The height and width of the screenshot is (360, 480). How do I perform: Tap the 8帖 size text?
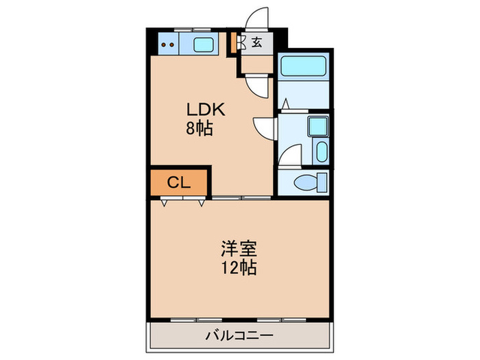200,127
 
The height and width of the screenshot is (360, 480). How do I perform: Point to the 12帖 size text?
239,268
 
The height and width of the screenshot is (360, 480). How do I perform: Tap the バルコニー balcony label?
240,336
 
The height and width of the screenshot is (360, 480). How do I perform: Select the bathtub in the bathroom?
305,67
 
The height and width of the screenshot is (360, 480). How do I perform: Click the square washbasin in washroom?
317,128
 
